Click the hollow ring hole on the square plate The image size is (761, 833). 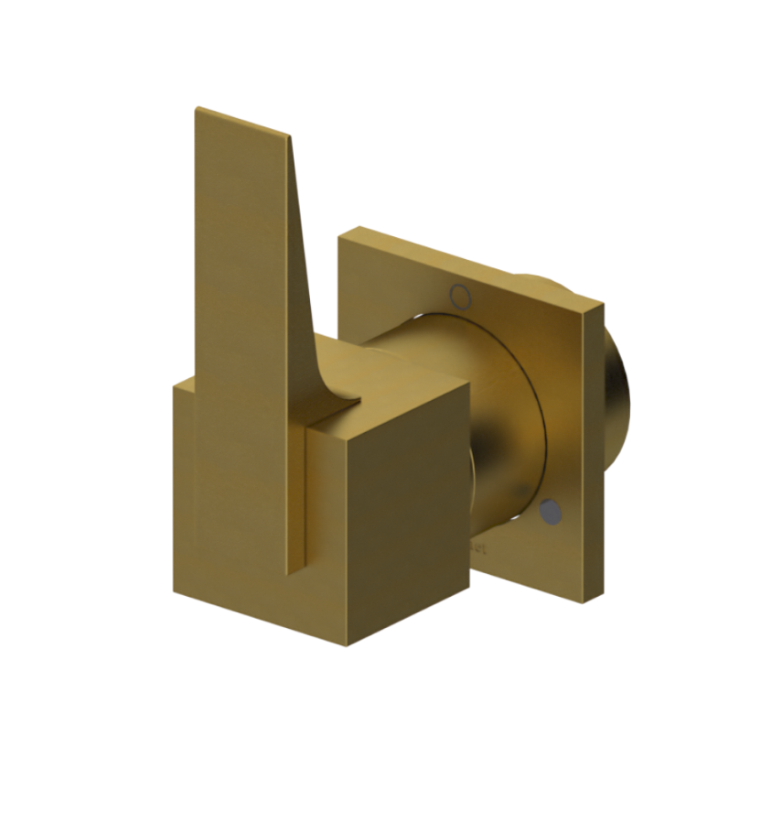coord(461,295)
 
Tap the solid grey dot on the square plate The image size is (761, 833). coord(550,511)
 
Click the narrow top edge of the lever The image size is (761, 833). coord(242,123)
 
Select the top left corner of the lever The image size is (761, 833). coord(196,109)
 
